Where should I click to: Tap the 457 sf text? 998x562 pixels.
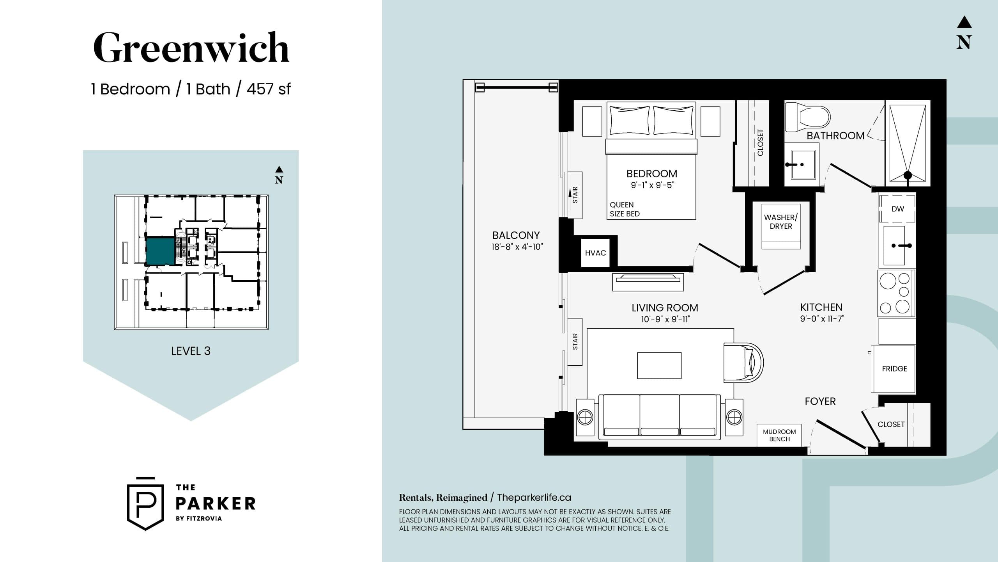(268, 89)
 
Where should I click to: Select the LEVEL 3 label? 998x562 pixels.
(191, 351)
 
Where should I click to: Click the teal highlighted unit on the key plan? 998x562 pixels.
(160, 251)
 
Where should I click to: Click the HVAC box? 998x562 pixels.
(595, 253)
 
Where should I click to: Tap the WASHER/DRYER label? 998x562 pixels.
(781, 222)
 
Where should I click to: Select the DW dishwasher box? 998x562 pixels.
(897, 209)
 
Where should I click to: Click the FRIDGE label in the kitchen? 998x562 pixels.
(894, 369)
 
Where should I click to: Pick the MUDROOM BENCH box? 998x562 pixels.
(779, 435)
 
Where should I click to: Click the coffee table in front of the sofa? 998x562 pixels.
(659, 365)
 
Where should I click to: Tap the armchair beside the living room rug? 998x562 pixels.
(743, 363)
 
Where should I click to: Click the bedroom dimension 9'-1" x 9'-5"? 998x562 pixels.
(652, 185)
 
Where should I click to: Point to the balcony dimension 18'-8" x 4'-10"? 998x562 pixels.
(517, 247)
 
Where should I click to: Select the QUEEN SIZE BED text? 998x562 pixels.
(625, 209)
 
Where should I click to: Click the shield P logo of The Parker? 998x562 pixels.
(145, 503)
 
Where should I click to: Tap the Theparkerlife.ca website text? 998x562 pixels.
(534, 498)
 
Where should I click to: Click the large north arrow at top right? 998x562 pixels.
(964, 33)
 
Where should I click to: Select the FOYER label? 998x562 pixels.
(820, 401)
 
